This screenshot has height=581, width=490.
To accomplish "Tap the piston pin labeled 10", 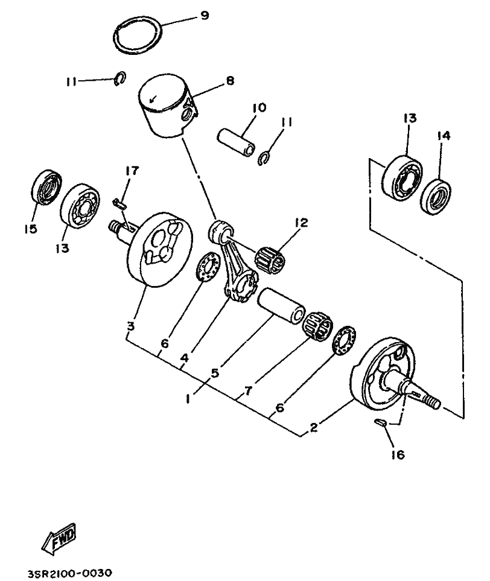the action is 236,141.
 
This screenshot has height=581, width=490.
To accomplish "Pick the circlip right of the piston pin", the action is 264,158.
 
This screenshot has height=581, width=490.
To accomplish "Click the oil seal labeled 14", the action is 436,197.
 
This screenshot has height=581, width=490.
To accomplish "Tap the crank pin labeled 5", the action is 281,306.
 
